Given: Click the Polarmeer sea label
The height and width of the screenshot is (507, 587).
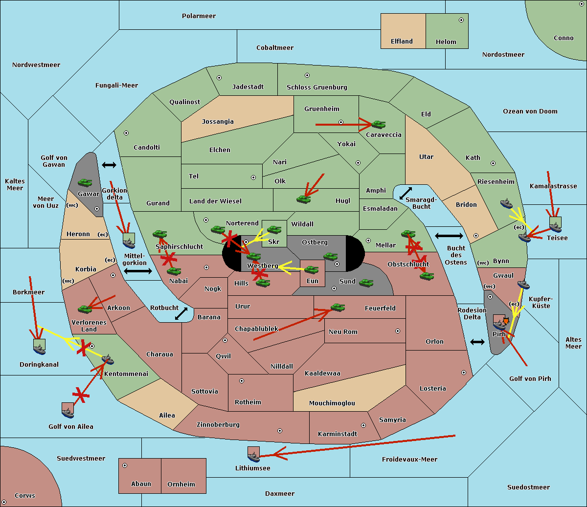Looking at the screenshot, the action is (199, 16).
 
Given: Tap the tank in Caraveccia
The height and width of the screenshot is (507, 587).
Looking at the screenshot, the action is (379, 124).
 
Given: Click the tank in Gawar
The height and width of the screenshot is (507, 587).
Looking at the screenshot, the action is (85, 182).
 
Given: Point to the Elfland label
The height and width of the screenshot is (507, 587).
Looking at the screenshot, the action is (402, 42).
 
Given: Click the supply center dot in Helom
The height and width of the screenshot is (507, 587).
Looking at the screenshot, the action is (461, 20).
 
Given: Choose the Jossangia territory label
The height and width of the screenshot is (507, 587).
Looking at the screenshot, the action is (218, 122).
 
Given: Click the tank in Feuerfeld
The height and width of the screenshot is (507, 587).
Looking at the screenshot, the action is (338, 307).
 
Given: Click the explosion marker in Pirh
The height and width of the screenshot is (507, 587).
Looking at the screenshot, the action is (505, 321).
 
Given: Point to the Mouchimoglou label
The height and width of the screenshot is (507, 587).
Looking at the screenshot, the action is (332, 403).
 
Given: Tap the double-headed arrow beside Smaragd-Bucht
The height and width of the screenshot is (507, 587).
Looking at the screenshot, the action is (406, 193).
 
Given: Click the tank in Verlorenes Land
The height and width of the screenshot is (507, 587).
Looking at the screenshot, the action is (85, 309).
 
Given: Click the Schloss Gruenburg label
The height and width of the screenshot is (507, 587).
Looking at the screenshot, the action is (317, 87).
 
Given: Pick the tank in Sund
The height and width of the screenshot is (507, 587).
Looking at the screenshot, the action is (366, 283).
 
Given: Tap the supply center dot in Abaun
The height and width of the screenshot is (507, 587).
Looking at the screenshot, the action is (125, 465).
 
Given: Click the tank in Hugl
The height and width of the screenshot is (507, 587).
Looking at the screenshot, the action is (304, 199).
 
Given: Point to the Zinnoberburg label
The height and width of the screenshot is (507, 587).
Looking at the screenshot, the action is (218, 425).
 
